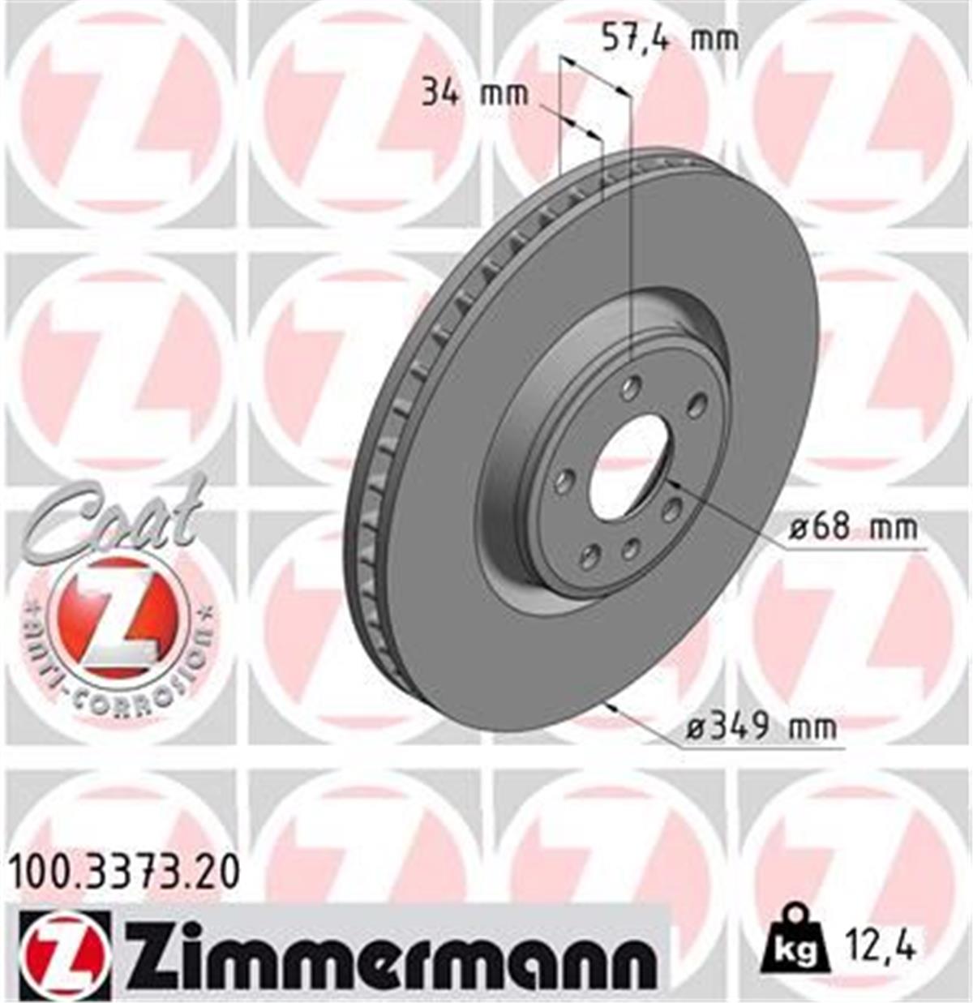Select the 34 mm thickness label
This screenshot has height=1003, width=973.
474,94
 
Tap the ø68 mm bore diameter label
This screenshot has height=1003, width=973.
854,528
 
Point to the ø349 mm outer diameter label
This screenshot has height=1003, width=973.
761,727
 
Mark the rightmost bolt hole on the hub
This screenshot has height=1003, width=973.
694,407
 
